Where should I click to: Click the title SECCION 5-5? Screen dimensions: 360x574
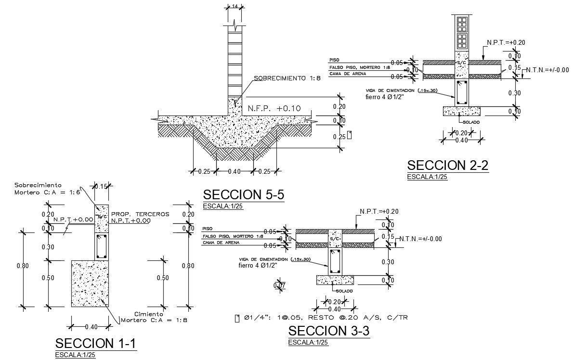244,195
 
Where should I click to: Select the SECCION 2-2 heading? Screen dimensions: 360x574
448,165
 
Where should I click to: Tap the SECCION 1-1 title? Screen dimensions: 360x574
96,344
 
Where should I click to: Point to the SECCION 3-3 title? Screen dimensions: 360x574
329,331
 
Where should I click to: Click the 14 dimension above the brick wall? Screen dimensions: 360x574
235,6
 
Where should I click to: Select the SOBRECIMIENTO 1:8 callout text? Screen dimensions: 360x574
287,78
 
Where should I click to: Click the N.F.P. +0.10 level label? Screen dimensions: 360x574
274,109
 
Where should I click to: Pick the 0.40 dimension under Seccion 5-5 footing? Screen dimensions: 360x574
234,171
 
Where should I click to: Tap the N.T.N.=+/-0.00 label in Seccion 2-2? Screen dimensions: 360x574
547,70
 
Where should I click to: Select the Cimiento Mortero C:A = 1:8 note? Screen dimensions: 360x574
154,317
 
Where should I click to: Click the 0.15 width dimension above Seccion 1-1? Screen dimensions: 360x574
101,186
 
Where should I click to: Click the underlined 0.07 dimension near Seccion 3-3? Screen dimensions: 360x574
279,286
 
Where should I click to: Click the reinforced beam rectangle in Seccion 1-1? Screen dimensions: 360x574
102,246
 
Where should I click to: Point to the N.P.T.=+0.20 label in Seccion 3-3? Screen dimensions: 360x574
379,211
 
